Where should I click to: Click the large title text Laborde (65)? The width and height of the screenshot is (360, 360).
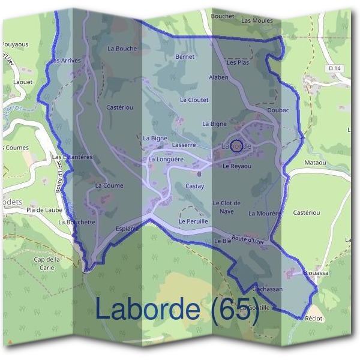[177, 309]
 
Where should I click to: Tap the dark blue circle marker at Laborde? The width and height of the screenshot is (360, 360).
[236, 145]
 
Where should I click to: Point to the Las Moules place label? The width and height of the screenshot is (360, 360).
[257, 20]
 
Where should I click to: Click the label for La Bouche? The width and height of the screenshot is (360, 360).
[122, 48]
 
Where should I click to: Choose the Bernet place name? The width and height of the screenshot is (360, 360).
[185, 56]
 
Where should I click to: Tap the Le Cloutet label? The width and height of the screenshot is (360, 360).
[194, 100]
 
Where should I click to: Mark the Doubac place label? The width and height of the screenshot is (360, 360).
[278, 111]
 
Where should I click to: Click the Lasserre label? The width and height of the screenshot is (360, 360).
[184, 145]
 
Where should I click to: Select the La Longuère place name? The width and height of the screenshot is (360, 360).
[166, 160]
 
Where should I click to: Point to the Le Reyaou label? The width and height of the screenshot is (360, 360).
[237, 166]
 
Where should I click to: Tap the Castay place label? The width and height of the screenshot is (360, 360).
[195, 187]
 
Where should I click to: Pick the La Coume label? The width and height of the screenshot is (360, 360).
[109, 185]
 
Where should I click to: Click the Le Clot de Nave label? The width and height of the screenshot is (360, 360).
[227, 207]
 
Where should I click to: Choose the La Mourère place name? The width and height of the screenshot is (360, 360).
[265, 213]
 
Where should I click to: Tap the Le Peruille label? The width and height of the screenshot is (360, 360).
[193, 221]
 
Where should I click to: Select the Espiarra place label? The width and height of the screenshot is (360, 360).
[127, 229]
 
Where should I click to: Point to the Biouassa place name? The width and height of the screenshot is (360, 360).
[316, 271]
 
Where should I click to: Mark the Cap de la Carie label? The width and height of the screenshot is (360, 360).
[47, 263]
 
